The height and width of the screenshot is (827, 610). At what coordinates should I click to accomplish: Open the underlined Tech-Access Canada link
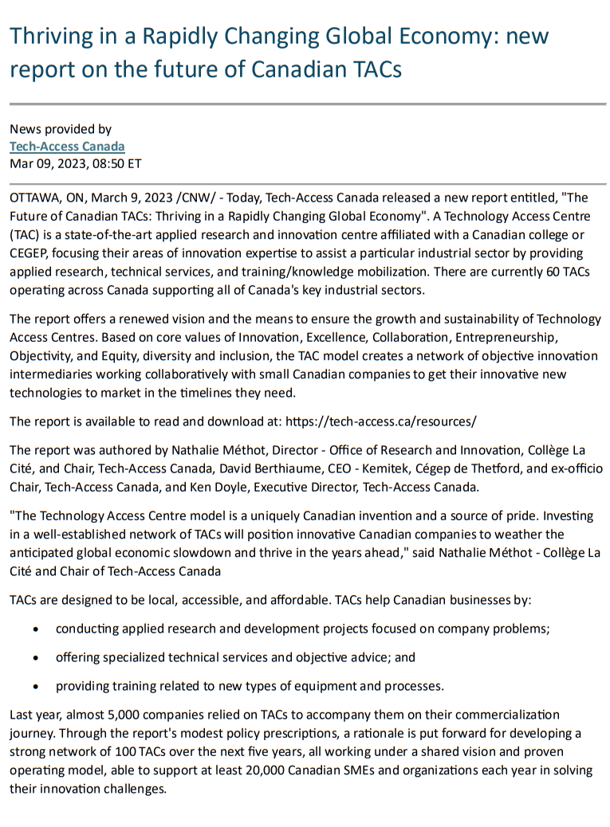coord(67,147)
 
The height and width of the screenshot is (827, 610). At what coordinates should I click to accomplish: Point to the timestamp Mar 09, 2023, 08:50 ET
coord(75,164)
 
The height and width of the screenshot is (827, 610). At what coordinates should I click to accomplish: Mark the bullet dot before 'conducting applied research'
coord(37,629)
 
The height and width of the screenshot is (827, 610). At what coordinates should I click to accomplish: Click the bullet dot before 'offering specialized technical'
coord(37,658)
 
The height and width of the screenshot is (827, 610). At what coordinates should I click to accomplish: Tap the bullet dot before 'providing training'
coord(37,686)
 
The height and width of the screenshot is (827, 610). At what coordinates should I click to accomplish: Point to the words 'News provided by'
coord(61,129)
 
